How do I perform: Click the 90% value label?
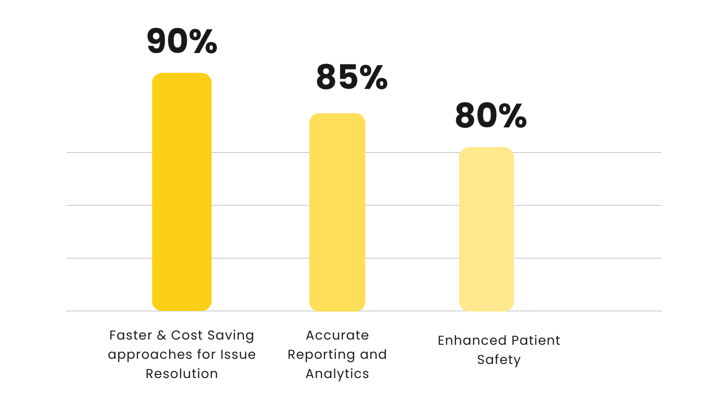click(x=181, y=42)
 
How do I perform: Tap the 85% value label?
click(x=352, y=78)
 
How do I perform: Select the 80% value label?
click(x=490, y=116)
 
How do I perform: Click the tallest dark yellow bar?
click(x=181, y=192)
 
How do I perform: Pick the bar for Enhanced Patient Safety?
click(x=486, y=229)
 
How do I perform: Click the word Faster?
click(x=131, y=335)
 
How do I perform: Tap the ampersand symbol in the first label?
click(x=162, y=335)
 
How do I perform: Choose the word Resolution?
click(x=181, y=374)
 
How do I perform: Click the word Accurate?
click(x=337, y=335)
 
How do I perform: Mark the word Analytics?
click(x=337, y=374)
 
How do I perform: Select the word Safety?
click(x=499, y=360)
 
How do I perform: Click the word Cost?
click(x=188, y=335)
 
